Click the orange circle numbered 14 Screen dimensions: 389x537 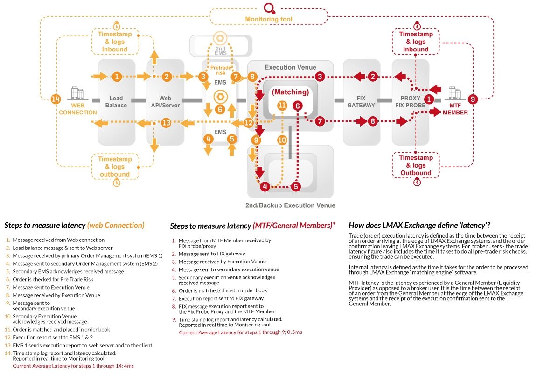(56, 99)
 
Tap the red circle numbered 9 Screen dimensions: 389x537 (473, 99)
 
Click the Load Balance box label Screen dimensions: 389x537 (116, 102)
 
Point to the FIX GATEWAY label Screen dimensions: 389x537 (361, 102)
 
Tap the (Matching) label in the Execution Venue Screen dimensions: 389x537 (290, 92)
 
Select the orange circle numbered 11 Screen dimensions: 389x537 (281, 106)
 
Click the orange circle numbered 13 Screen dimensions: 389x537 (166, 123)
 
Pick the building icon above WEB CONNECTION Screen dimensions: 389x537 (76, 93)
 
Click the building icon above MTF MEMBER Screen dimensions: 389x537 (454, 93)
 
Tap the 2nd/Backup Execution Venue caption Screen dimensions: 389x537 (290, 205)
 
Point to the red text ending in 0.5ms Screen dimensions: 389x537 (241, 332)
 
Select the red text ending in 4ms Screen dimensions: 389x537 (73, 366)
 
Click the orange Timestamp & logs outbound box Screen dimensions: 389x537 (114, 167)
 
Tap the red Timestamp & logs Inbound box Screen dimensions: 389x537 (416, 42)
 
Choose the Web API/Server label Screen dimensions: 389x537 (166, 102)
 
